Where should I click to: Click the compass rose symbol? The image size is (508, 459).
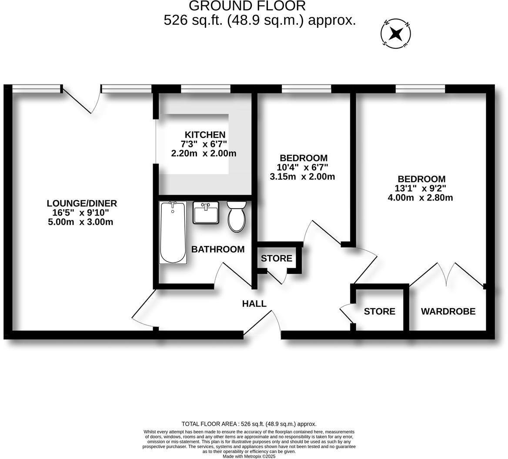396,33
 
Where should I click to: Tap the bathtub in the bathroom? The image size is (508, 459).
173,233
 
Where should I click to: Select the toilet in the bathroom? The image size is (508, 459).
236,216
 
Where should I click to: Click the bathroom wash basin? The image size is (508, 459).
206,213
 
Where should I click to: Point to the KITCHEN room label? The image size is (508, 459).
205,135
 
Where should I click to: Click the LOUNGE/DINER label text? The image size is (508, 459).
82,203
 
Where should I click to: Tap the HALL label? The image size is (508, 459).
254,304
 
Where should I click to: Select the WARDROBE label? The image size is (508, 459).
448,312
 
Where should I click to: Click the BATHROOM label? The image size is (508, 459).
218,249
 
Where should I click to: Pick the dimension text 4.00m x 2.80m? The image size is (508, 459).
420,198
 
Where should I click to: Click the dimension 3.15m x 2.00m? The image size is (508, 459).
302,177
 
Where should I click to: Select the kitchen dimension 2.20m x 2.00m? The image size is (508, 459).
204,153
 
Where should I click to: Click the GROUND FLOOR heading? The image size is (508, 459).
247,6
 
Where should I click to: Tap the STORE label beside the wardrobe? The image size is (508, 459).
379,312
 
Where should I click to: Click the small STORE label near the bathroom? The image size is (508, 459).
276,259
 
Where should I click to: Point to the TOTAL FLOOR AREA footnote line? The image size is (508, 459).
249,424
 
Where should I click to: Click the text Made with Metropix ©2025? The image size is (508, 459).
249,456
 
